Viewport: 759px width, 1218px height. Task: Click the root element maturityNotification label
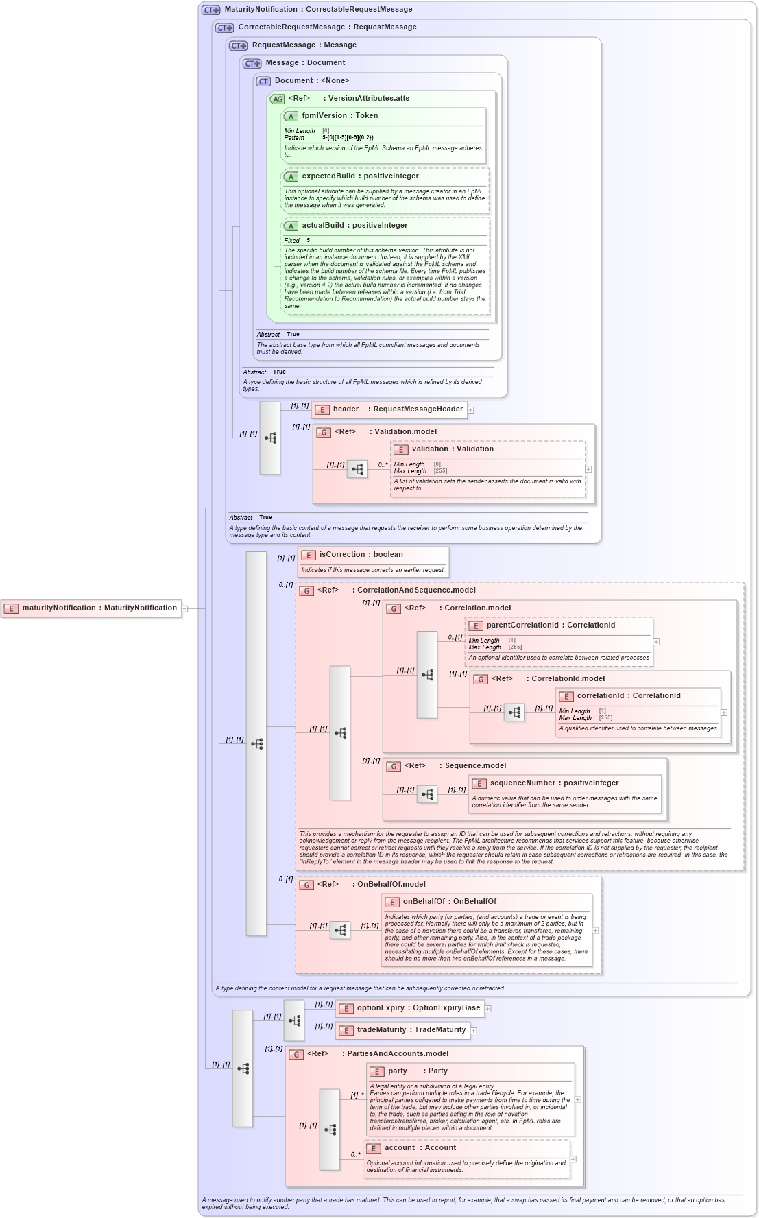99,608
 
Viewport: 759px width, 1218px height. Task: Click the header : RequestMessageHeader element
397,409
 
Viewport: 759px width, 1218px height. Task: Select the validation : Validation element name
453,449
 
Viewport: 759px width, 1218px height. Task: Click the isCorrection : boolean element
361,555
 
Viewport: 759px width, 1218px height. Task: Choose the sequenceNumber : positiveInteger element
554,783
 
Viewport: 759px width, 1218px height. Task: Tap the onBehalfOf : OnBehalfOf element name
449,902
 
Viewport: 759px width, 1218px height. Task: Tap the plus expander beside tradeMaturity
474,1031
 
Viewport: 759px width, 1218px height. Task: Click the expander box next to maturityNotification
185,608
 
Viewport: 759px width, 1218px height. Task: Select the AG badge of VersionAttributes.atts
277,99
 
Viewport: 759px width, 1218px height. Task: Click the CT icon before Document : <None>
263,82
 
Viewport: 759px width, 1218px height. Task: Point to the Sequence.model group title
475,766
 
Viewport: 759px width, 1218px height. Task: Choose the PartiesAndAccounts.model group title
398,1054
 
